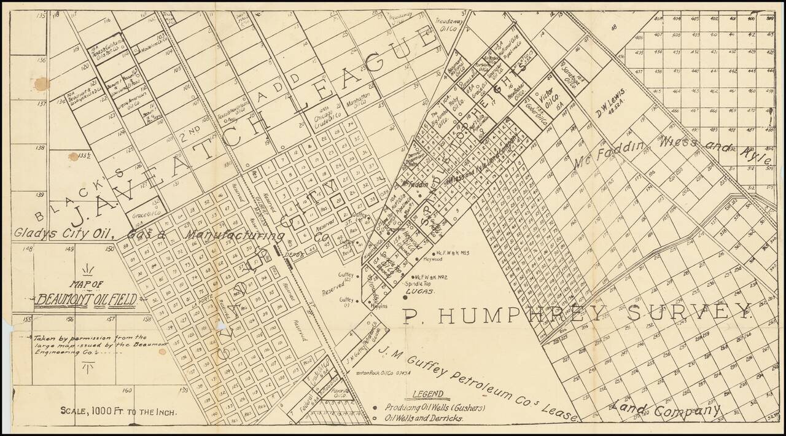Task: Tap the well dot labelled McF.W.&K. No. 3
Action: [x=434, y=253]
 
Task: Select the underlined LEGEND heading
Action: [x=427, y=394]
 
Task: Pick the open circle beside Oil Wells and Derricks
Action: [x=375, y=418]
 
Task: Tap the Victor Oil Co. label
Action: [x=547, y=96]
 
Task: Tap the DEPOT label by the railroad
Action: [x=285, y=260]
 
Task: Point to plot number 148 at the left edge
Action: [x=26, y=249]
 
